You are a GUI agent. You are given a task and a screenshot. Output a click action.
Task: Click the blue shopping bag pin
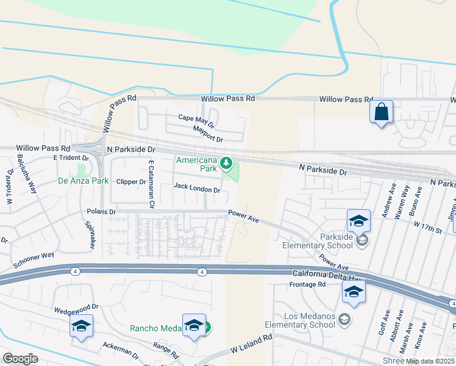click(x=381, y=112)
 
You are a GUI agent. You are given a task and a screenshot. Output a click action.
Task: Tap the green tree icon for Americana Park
click(x=226, y=162)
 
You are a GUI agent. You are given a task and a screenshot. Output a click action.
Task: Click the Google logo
click(x=20, y=359)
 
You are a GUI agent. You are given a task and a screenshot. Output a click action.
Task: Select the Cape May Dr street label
click(x=196, y=120)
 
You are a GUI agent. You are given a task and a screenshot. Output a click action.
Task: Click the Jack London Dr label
click(x=197, y=189)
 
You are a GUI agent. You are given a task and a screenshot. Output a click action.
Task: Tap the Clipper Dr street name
click(x=131, y=182)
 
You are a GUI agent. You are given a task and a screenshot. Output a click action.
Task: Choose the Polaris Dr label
click(x=104, y=212)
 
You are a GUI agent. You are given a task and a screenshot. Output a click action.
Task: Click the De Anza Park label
click(x=83, y=181)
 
